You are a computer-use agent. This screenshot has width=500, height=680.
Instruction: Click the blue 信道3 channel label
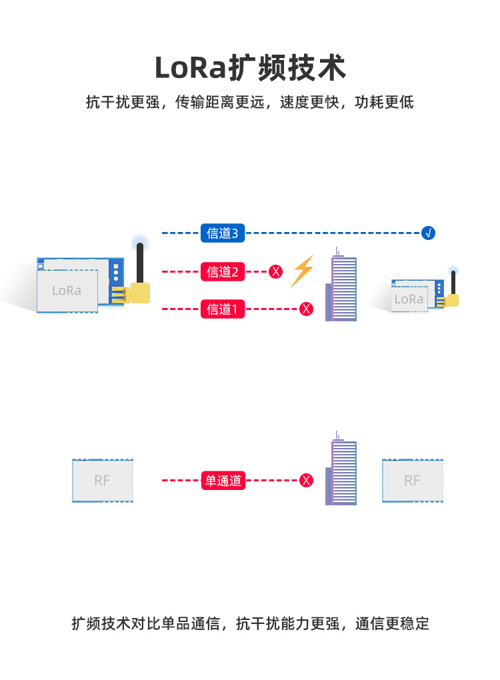coord(223,233)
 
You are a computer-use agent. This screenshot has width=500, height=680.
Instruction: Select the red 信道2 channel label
coord(223,272)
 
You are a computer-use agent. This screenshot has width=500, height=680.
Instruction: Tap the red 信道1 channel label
coord(223,309)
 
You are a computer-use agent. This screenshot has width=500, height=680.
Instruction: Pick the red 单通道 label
coord(223,481)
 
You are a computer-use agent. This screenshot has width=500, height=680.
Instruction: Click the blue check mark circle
coord(428,233)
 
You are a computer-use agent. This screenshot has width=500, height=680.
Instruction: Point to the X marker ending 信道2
coord(275,272)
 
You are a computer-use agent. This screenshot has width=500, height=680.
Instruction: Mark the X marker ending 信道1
coord(306,309)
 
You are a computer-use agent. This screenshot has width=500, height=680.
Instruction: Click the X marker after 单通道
coord(306,481)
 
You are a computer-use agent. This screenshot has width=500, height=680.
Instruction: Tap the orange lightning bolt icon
coord(302,271)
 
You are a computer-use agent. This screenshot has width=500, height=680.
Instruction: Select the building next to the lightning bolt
coord(341,285)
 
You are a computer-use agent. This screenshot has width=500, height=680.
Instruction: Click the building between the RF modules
coord(341,469)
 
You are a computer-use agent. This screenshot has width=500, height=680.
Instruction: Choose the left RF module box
coord(103,481)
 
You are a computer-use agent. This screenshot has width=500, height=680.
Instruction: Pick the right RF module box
coord(413,481)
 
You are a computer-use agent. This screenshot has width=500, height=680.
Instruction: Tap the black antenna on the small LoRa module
coord(453,282)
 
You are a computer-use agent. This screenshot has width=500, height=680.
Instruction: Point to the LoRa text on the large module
coord(67,291)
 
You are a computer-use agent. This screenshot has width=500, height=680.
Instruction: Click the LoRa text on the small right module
coord(409,299)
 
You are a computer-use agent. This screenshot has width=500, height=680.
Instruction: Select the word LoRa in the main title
coord(191,68)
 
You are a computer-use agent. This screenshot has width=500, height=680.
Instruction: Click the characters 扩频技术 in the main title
coord(287,68)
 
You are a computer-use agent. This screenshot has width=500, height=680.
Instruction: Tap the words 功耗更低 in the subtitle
coord(384,103)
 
